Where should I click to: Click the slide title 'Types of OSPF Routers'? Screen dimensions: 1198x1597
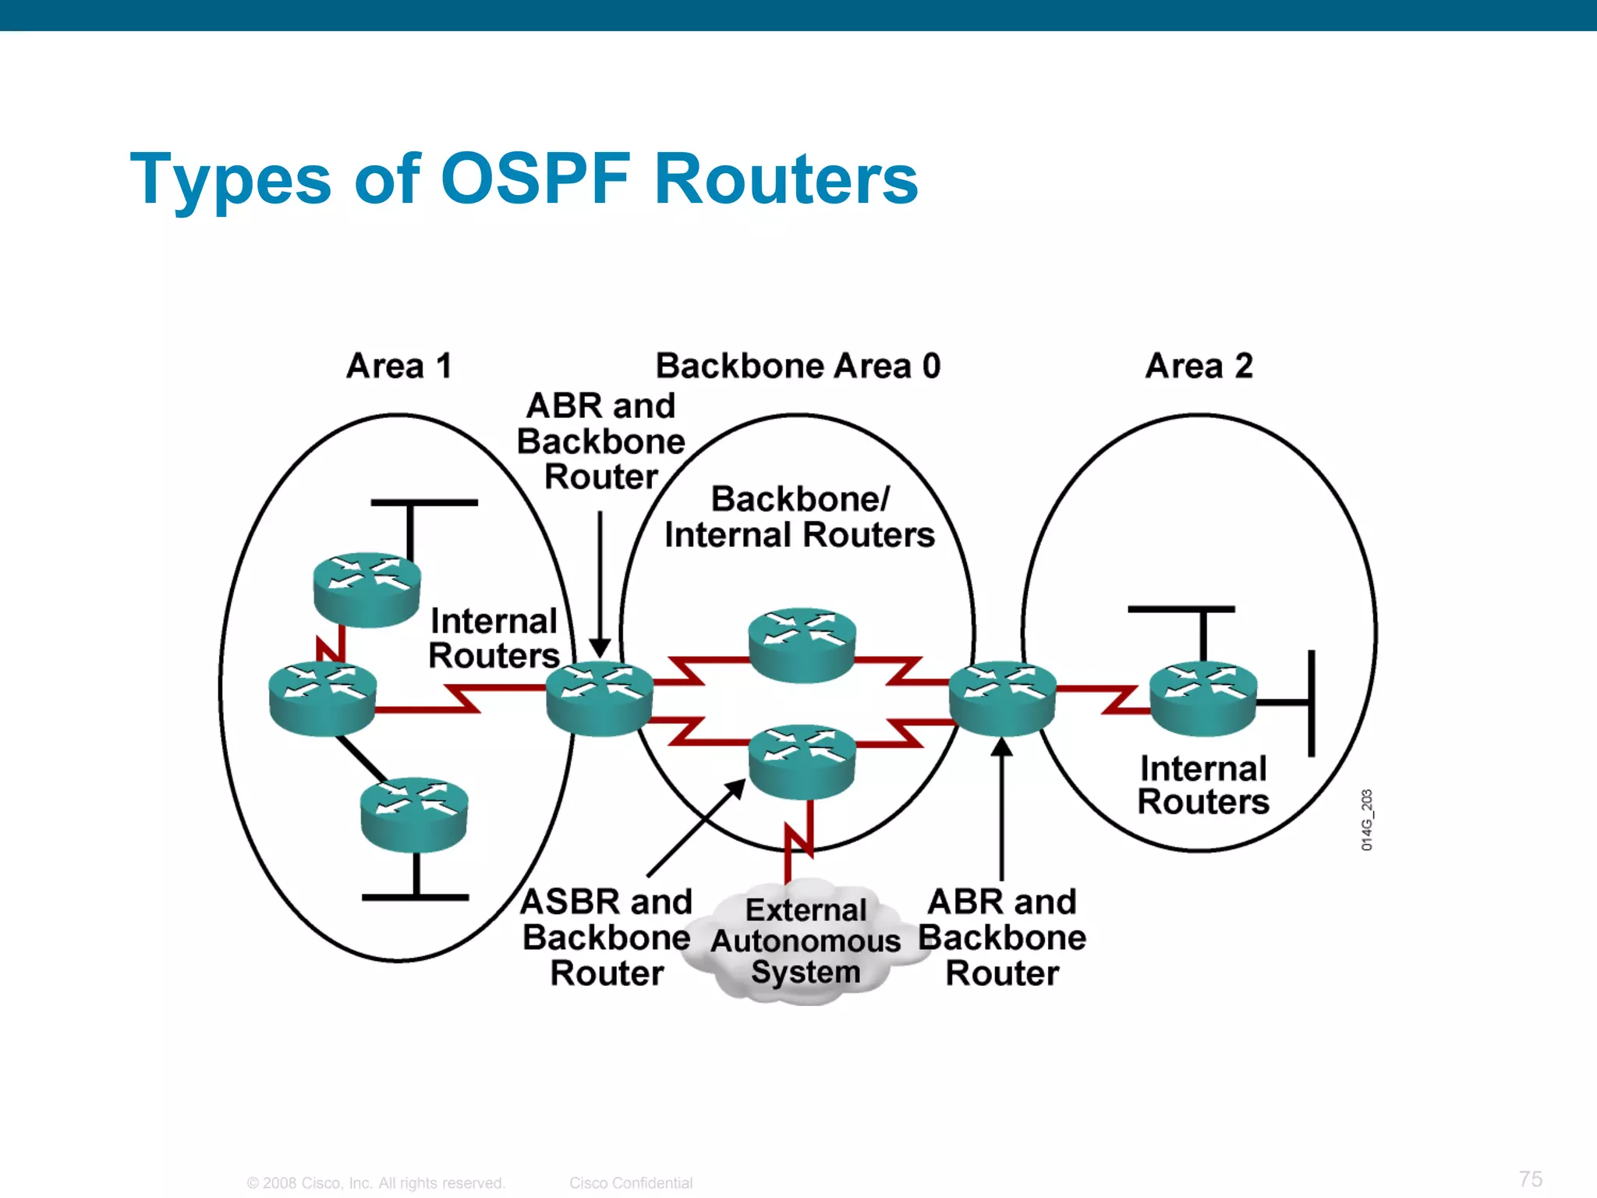[x=524, y=179]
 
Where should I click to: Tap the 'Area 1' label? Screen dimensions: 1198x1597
[x=399, y=366]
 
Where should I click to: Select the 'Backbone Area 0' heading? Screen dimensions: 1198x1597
[x=798, y=366]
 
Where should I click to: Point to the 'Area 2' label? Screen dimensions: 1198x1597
[x=1199, y=366]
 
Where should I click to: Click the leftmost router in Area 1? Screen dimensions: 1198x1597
[x=322, y=697]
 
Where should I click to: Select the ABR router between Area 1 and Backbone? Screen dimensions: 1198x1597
[x=599, y=697]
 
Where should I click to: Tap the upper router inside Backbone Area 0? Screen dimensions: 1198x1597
[x=802, y=644]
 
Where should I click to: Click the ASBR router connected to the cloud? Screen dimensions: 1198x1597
[x=802, y=761]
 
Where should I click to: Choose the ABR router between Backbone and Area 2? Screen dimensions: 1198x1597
[x=1002, y=697]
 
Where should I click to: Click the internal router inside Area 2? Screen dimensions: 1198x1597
[x=1203, y=697]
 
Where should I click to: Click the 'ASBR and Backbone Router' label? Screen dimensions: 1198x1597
[x=607, y=937]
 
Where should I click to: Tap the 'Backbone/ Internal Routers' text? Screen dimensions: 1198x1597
[x=799, y=517]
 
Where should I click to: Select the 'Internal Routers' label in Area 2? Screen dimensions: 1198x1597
[x=1202, y=785]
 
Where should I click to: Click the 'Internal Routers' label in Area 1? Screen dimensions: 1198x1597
[x=494, y=638]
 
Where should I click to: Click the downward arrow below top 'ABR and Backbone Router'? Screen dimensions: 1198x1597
[x=600, y=585]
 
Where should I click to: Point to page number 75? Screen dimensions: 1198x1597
[x=1530, y=1179]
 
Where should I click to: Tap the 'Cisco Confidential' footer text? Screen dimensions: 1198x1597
[x=630, y=1182]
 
